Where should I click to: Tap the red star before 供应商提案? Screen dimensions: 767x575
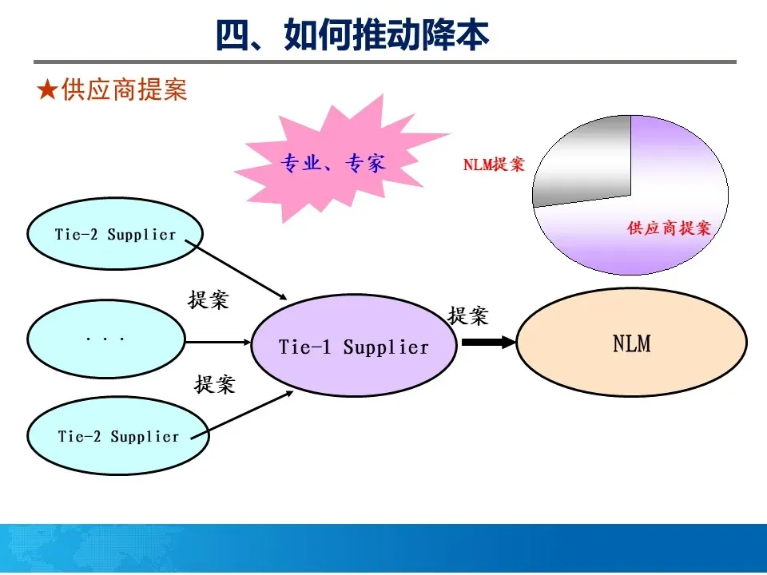pyautogui.click(x=46, y=90)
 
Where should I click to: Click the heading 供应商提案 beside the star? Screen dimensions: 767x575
pyautogui.click(x=123, y=90)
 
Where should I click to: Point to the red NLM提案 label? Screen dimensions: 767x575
pyautogui.click(x=494, y=165)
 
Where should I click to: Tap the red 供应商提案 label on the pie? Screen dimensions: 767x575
pyautogui.click(x=669, y=228)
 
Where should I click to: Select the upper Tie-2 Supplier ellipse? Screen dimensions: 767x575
pyautogui.click(x=115, y=234)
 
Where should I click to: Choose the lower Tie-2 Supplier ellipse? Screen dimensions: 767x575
pyautogui.click(x=117, y=436)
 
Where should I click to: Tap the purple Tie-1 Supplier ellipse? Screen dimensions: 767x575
pyautogui.click(x=353, y=347)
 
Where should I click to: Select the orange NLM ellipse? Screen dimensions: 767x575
pyautogui.click(x=631, y=343)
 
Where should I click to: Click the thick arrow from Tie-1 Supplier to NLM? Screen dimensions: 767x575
pyautogui.click(x=488, y=343)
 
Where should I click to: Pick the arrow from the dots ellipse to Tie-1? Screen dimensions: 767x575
pyautogui.click(x=217, y=343)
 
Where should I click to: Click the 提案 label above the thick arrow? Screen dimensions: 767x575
pyautogui.click(x=467, y=315)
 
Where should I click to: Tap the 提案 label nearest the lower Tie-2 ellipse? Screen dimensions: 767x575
pyautogui.click(x=215, y=384)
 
